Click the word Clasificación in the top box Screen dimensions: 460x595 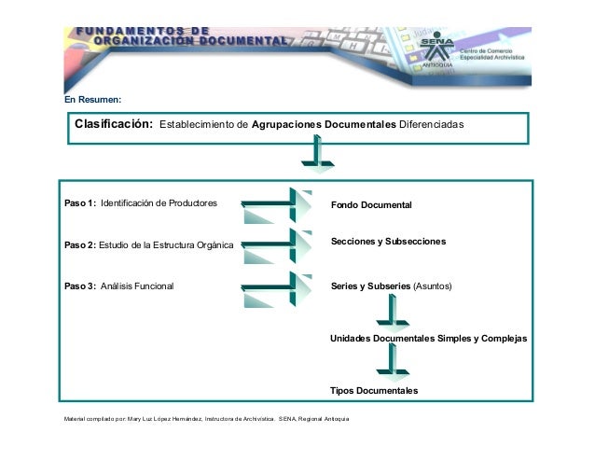[114, 124]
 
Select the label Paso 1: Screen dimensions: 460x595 [80, 202]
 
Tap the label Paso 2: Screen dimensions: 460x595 [79, 245]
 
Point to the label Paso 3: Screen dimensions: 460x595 [80, 286]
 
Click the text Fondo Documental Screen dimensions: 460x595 [370, 203]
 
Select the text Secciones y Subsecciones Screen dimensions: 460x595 [389, 242]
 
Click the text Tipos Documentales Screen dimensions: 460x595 [374, 390]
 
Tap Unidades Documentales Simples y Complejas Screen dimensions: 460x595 [429, 338]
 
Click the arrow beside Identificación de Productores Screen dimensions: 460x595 [277, 204]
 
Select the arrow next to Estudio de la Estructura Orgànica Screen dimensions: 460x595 [277, 245]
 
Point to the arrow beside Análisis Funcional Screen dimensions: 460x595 [277, 286]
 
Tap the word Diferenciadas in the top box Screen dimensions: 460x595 [431, 124]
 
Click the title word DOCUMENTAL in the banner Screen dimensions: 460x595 [240, 41]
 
